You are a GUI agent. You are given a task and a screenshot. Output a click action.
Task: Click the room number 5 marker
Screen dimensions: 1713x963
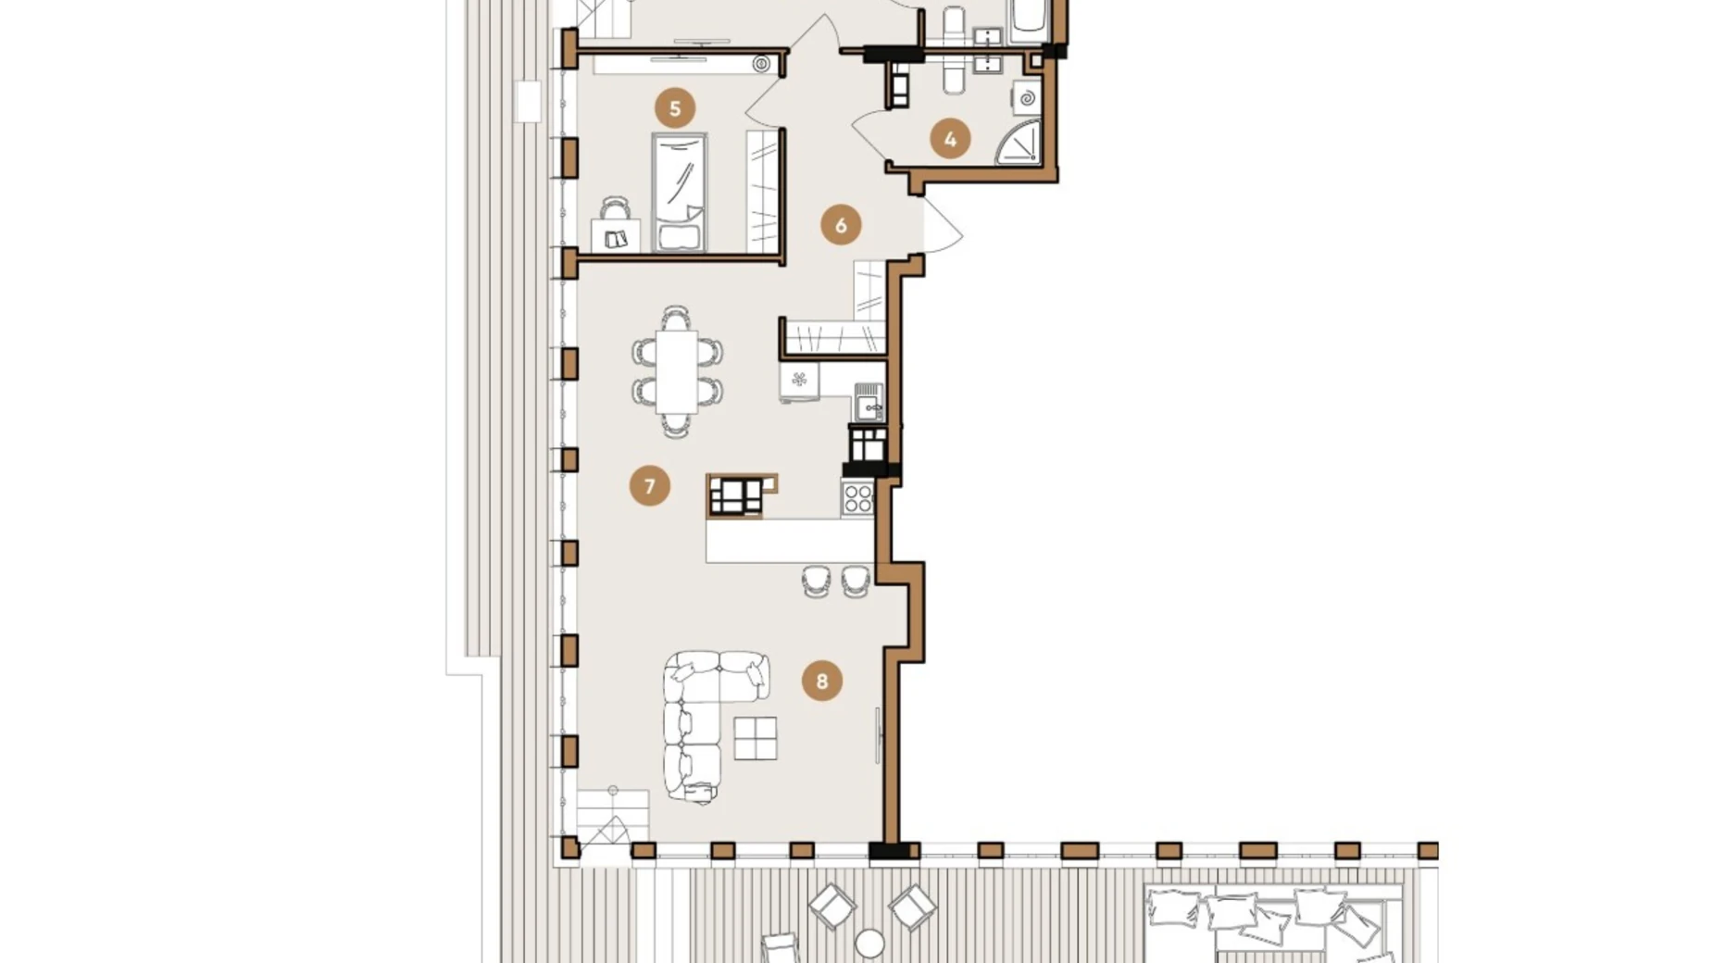[x=675, y=108]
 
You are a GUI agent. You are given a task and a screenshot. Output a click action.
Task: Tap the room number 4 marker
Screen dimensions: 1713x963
[x=950, y=140]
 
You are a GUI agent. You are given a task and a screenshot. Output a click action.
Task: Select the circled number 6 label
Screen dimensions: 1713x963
[x=841, y=225]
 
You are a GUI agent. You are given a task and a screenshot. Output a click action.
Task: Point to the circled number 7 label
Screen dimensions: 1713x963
[x=650, y=485]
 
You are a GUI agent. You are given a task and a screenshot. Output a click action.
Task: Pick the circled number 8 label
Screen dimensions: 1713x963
[x=822, y=682]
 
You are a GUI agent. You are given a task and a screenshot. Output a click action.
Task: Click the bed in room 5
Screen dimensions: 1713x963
[x=680, y=193]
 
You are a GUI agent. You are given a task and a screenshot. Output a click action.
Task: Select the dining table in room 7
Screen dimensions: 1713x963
[x=678, y=371]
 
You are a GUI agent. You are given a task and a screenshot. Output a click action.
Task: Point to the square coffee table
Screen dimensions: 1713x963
[x=756, y=738]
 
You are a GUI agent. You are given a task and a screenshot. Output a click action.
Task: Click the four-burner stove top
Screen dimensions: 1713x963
[x=858, y=498]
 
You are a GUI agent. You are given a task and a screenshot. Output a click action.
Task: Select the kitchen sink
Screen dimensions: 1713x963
[x=869, y=403]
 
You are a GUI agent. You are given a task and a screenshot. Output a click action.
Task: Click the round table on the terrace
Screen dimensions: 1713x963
[x=869, y=944]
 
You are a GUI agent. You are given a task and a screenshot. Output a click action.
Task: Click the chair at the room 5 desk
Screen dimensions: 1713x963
[x=615, y=208]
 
